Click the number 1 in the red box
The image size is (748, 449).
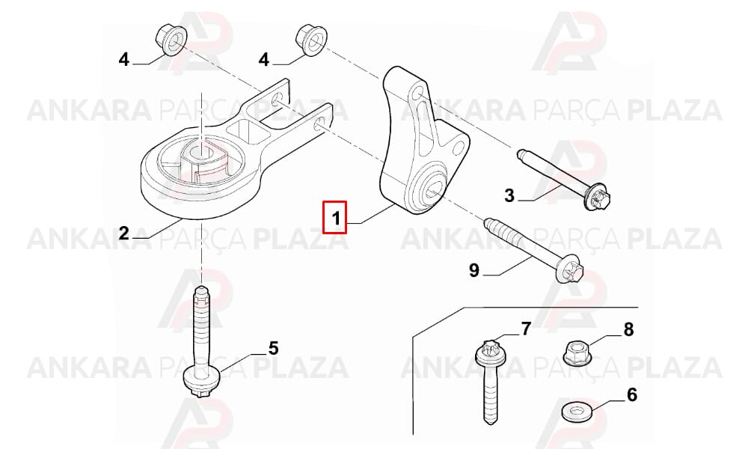click(336, 218)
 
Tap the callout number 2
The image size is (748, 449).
click(124, 233)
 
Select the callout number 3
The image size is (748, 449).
click(509, 195)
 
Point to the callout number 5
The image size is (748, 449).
click(273, 348)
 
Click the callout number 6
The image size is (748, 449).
click(631, 394)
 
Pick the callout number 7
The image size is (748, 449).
click(526, 329)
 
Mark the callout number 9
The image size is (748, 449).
click(473, 270)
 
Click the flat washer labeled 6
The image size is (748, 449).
click(576, 412)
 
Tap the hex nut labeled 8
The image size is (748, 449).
click(575, 352)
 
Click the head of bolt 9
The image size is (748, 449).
click(570, 271)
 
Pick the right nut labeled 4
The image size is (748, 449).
click(311, 40)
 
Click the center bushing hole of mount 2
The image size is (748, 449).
click(201, 153)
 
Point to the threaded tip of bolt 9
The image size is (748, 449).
click(488, 223)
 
